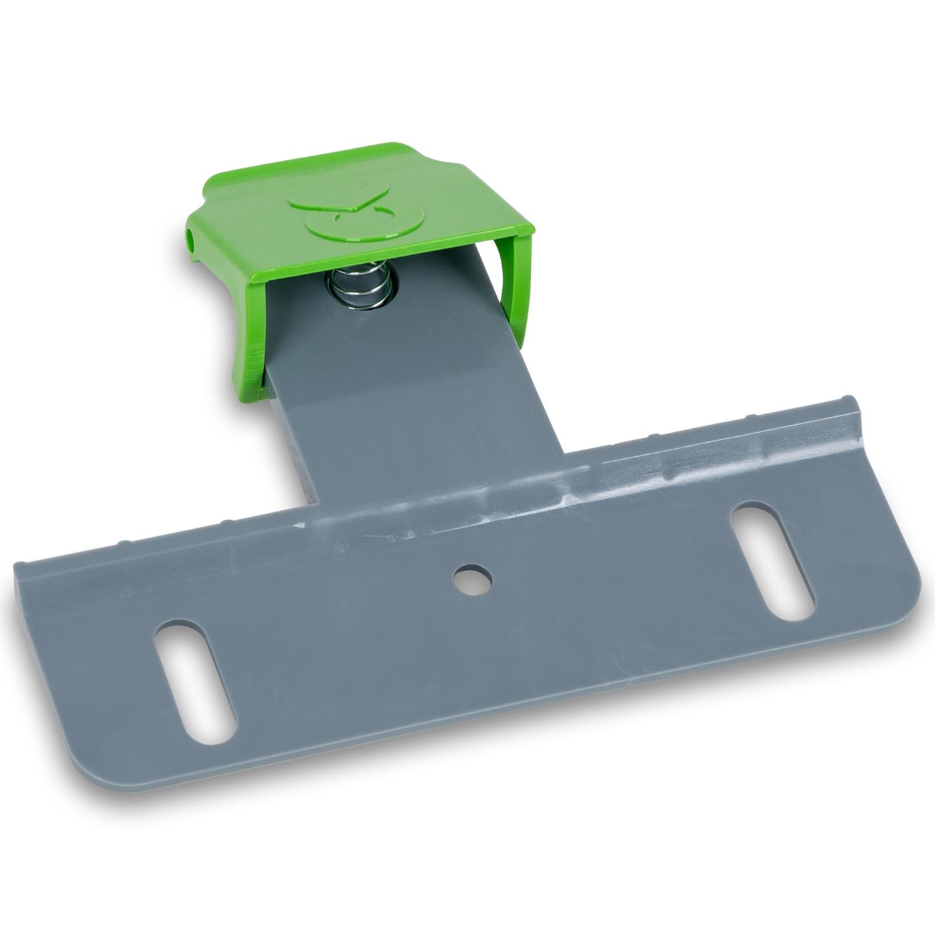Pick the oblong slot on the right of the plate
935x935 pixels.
click(x=773, y=560)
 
